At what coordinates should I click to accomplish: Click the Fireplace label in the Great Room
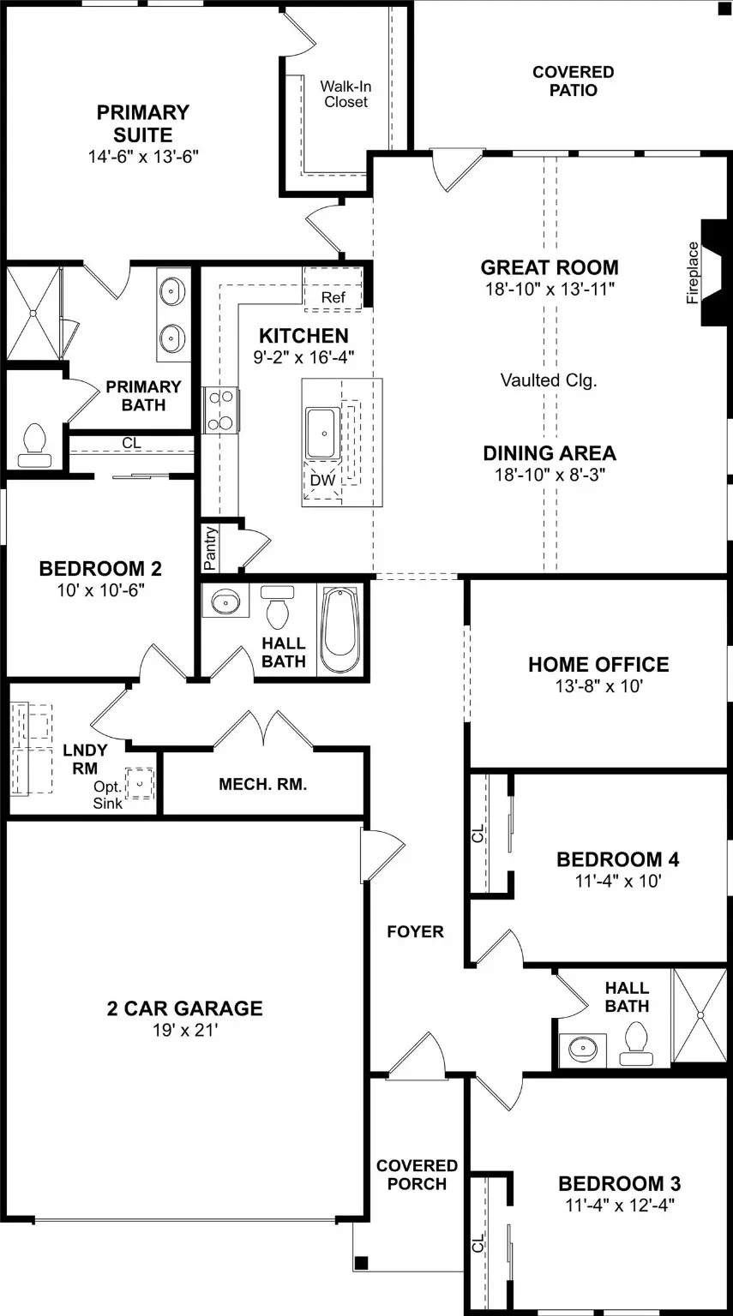pos(693,272)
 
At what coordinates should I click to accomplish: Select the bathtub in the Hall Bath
pos(341,630)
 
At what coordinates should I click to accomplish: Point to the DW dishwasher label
pos(322,480)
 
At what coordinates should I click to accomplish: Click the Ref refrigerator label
pos(333,297)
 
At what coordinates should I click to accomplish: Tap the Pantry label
pos(210,548)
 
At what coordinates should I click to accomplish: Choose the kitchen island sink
pos(322,434)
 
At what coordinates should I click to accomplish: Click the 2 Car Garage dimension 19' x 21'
pos(185,1029)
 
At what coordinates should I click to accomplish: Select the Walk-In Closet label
pos(345,94)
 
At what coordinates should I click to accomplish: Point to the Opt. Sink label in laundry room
pos(107,795)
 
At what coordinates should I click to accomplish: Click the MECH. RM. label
pos(262,784)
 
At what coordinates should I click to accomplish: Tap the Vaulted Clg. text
pos(549,380)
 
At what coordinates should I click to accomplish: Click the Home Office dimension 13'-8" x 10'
pos(599,685)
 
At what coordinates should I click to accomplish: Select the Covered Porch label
pos(418,1175)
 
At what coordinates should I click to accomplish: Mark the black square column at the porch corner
pos(362,1262)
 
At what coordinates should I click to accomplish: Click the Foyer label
pos(415,931)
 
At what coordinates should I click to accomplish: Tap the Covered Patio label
pos(574,81)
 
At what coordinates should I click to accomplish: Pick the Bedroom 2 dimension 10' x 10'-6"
pos(100,589)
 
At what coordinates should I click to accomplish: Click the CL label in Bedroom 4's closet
pos(478,833)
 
